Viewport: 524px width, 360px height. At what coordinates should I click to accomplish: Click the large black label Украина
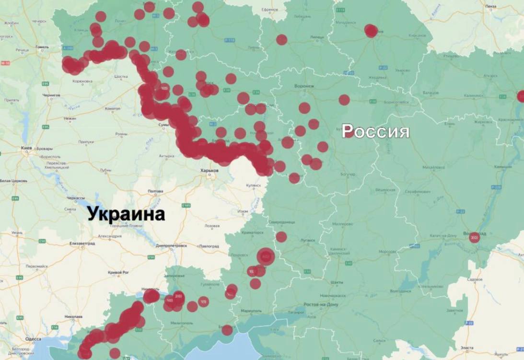click(126, 214)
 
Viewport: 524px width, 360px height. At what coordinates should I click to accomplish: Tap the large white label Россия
click(375, 130)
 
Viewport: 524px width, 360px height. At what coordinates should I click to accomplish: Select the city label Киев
click(26, 149)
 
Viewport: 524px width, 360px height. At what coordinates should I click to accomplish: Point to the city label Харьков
click(210, 171)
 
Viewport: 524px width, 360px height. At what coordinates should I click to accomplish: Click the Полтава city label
click(155, 191)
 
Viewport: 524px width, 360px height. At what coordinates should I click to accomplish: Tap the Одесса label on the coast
click(33, 339)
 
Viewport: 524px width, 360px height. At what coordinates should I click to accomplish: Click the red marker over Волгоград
click(474, 237)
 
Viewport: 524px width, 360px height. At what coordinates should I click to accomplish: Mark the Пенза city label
click(490, 7)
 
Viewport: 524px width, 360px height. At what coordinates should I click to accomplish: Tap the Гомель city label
click(43, 47)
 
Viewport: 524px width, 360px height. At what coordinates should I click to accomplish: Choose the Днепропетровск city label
click(171, 245)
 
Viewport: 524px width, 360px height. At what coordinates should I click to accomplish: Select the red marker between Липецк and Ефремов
click(281, 40)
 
